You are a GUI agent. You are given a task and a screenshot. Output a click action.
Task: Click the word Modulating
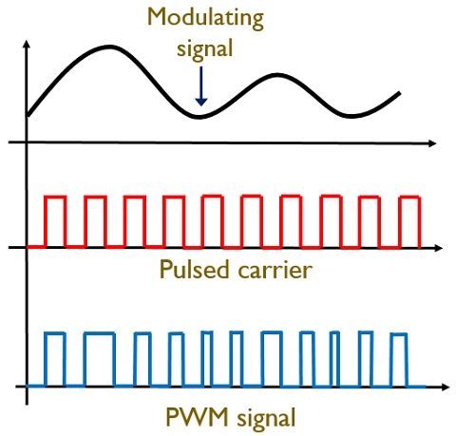pyautogui.click(x=205, y=19)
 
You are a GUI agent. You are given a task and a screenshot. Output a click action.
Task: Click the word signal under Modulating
pyautogui.click(x=205, y=49)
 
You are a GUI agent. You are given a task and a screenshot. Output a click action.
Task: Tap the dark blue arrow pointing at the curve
pyautogui.click(x=201, y=85)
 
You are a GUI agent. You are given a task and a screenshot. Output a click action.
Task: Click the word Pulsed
pyautogui.click(x=194, y=269)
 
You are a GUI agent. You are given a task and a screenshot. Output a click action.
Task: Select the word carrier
pyautogui.click(x=275, y=271)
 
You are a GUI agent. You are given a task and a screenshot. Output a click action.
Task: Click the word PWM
pyautogui.click(x=197, y=417)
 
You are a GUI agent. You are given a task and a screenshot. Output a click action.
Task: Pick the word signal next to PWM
pyautogui.click(x=266, y=419)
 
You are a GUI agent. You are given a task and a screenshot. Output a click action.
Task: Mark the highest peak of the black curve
pyautogui.click(x=109, y=47)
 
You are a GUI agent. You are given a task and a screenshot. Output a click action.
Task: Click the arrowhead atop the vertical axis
pyautogui.click(x=27, y=44)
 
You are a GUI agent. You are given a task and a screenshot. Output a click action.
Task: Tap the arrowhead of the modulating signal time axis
pyautogui.click(x=432, y=143)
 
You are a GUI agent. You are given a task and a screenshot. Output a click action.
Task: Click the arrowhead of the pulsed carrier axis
pyautogui.click(x=438, y=248)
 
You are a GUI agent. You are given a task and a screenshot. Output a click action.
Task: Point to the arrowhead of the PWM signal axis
pyautogui.click(x=445, y=387)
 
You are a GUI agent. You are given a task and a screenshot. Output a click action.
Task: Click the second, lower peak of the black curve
pyautogui.click(x=277, y=75)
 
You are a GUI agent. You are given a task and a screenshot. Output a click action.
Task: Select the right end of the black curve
pyautogui.click(x=400, y=93)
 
